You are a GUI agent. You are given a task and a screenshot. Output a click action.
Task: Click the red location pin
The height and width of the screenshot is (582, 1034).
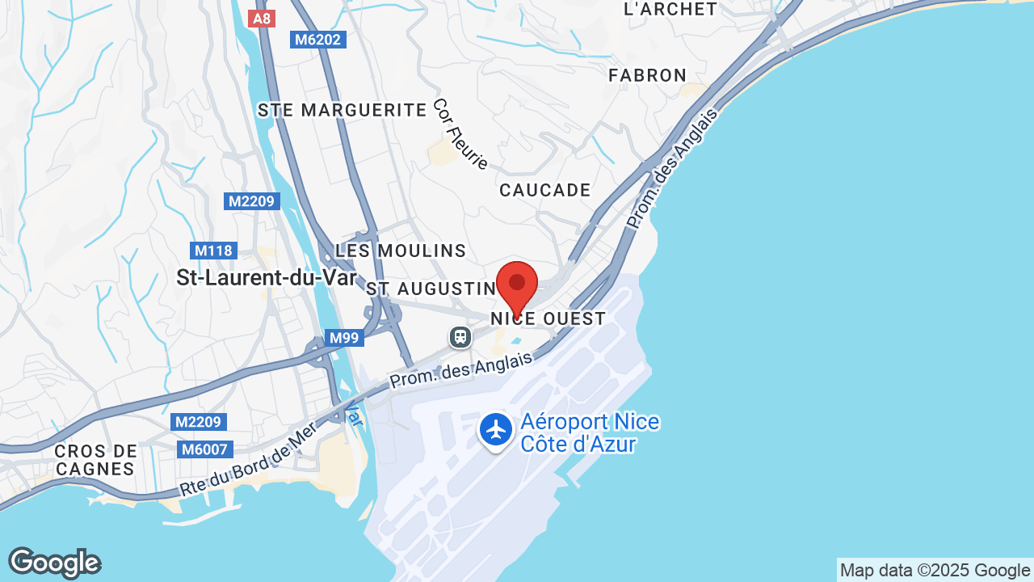(x=517, y=285)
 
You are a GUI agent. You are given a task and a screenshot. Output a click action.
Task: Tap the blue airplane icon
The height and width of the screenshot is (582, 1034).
(x=496, y=429)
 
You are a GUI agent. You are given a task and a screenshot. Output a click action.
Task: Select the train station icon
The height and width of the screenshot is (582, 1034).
(x=460, y=336)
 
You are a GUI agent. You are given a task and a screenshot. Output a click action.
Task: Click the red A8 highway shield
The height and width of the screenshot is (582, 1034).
(x=262, y=18)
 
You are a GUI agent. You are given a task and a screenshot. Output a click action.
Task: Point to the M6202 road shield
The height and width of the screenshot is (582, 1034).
(x=318, y=39)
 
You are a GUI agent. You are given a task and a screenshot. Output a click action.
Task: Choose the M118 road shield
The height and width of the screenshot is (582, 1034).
(x=213, y=251)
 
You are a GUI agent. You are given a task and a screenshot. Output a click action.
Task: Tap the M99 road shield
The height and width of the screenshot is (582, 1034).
(x=344, y=338)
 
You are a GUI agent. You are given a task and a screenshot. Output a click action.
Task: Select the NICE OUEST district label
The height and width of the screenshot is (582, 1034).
(x=549, y=318)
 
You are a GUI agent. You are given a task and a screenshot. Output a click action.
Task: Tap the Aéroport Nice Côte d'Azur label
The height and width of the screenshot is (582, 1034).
(x=590, y=433)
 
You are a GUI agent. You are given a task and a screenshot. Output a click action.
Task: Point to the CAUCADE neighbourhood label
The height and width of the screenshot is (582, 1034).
(x=545, y=190)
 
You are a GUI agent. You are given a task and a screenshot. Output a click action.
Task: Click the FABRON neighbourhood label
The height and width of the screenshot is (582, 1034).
(x=648, y=75)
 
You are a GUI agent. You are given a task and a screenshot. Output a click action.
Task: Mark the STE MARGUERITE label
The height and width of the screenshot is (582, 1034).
(x=342, y=110)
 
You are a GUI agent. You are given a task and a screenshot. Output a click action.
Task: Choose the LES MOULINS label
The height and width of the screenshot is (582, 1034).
(x=401, y=251)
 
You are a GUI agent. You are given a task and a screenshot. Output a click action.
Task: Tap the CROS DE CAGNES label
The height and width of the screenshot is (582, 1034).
(x=96, y=459)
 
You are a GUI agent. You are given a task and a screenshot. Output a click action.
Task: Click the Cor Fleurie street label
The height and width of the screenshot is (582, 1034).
(x=460, y=134)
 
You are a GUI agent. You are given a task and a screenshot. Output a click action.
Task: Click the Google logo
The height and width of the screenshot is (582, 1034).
(x=54, y=563)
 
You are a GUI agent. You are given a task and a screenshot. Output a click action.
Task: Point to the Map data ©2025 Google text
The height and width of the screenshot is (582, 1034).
(x=935, y=570)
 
